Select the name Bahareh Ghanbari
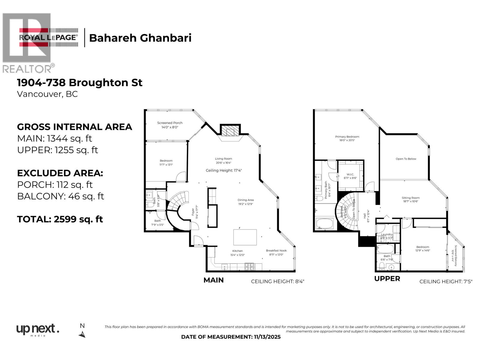click(140, 38)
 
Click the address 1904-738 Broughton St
click(79, 82)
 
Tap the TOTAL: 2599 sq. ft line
click(60, 219)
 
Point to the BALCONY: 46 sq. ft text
click(61, 196)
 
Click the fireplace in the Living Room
click(230, 131)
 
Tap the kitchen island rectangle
click(245, 237)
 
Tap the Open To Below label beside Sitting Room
click(406, 159)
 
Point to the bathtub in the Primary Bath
click(325, 224)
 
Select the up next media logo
click(37, 330)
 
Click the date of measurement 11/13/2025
click(231, 337)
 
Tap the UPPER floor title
click(387, 278)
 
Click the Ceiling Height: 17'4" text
click(223, 170)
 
